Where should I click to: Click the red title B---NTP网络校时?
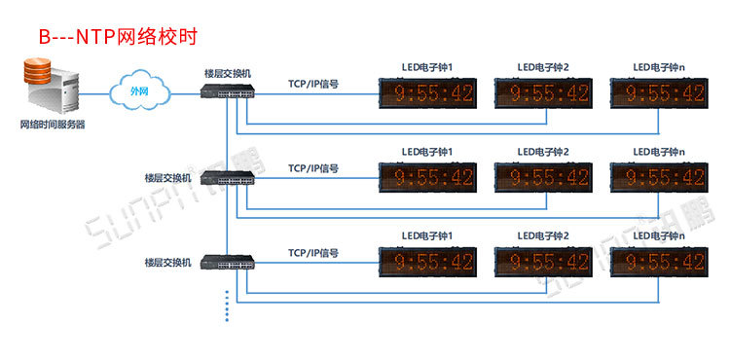[118, 37]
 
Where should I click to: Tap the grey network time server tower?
[53, 88]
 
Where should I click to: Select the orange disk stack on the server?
[37, 70]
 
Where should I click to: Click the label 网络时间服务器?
[53, 126]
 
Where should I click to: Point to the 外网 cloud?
[139, 91]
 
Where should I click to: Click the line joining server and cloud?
[94, 93]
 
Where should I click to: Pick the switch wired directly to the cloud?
[228, 91]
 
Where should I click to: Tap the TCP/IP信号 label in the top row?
[313, 85]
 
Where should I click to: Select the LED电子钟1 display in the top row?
[427, 93]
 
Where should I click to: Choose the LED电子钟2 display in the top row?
[543, 93]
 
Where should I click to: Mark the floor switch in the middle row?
[228, 178]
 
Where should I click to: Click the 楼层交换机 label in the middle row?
[168, 178]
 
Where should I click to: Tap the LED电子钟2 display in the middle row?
[543, 178]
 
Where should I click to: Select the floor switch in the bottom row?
[228, 263]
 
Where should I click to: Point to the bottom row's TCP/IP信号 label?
[313, 254]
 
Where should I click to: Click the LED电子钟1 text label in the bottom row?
[427, 236]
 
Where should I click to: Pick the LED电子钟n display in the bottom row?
[659, 263]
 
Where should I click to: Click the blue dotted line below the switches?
[227, 306]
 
